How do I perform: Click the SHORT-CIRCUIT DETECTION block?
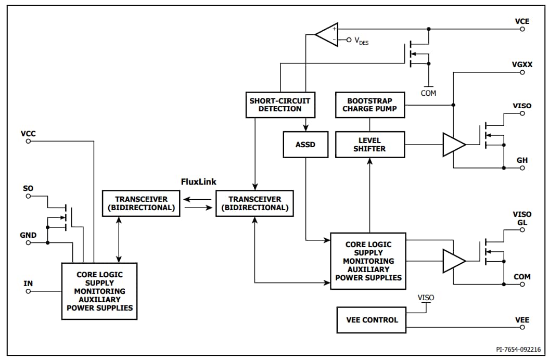pyautogui.click(x=280, y=105)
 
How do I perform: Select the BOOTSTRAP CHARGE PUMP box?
pyautogui.click(x=369, y=105)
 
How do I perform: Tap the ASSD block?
pyautogui.click(x=305, y=145)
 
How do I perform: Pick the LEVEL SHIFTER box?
pyautogui.click(x=369, y=145)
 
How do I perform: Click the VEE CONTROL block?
pyautogui.click(x=372, y=320)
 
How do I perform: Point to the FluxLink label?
pyautogui.click(x=198, y=182)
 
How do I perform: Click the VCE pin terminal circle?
pyautogui.click(x=522, y=29)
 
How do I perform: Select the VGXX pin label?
pyautogui.click(x=522, y=64)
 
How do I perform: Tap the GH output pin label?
pyautogui.click(x=522, y=160)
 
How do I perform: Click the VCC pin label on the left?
pyautogui.click(x=28, y=134)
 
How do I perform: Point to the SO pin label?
pyautogui.click(x=28, y=188)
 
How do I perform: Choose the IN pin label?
pyautogui.click(x=28, y=284)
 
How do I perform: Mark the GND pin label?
pyautogui.click(x=28, y=235)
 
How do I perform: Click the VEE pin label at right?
pyautogui.click(x=522, y=320)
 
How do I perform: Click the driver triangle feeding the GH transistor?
pyautogui.click(x=453, y=145)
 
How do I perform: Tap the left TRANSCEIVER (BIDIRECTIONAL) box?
pyautogui.click(x=142, y=203)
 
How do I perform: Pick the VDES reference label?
pyautogui.click(x=361, y=41)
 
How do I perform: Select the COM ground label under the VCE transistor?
pyautogui.click(x=428, y=93)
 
